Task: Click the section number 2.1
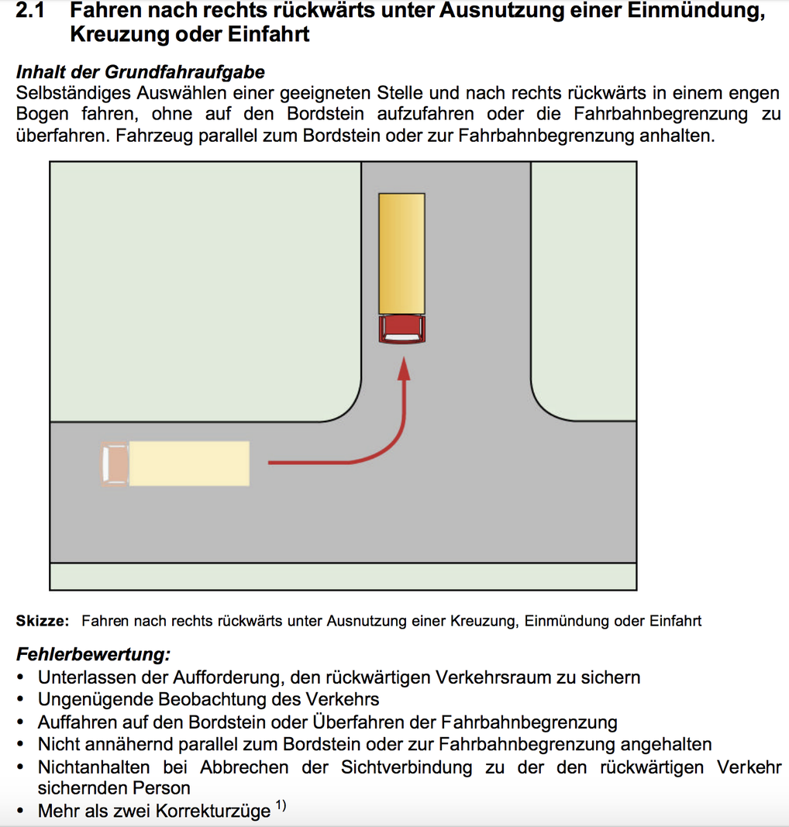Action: click(30, 11)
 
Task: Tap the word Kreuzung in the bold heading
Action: click(125, 34)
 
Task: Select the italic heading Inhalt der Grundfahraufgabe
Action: click(140, 72)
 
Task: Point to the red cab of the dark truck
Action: click(402, 329)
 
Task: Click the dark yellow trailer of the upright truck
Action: click(402, 253)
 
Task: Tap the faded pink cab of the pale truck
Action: click(115, 463)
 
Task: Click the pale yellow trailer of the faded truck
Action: click(189, 463)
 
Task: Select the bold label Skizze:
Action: click(42, 621)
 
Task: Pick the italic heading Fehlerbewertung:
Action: click(93, 654)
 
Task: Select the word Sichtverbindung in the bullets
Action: click(406, 767)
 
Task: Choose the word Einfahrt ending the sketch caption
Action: click(675, 621)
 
